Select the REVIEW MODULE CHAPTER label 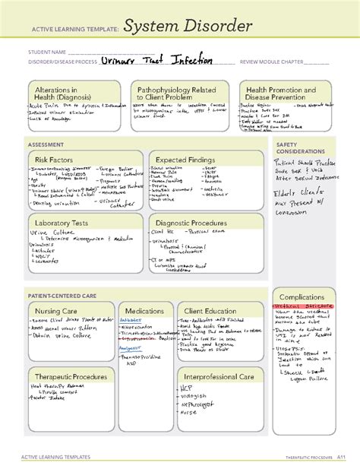tap(272, 62)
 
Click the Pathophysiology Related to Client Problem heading tap(176, 94)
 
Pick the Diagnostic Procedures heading tap(193, 223)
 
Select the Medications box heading tap(144, 312)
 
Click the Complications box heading tap(302, 297)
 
